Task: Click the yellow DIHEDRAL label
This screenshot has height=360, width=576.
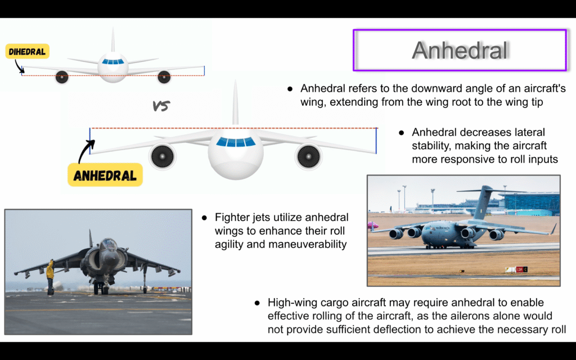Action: click(27, 51)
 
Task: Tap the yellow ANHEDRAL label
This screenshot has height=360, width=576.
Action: click(105, 175)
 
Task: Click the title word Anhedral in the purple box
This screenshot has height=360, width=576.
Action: click(460, 50)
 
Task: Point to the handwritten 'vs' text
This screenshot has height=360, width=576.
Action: click(161, 106)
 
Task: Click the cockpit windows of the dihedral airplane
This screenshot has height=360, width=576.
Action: click(112, 62)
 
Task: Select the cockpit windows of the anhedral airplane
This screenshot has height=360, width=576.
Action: click(236, 141)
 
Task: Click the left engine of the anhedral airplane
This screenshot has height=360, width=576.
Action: click(163, 156)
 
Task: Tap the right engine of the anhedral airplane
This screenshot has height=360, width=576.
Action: click(308, 156)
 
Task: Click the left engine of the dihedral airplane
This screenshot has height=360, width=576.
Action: click(62, 76)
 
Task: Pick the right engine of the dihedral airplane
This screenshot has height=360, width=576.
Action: click(164, 76)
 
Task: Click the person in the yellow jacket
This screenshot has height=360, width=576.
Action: click(50, 277)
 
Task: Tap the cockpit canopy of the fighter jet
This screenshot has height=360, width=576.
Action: click(109, 244)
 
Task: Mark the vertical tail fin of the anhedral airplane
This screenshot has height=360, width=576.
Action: click(236, 103)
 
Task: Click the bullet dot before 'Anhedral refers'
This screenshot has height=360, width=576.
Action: click(290, 89)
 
